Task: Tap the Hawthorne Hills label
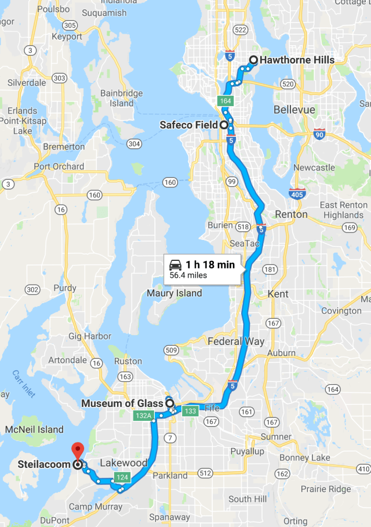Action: coord(297,60)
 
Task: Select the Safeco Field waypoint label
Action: coord(188,125)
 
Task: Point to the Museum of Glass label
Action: coord(122,404)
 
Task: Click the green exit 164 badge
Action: coord(225,101)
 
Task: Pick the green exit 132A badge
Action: coord(143,415)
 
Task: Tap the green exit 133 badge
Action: coord(189,411)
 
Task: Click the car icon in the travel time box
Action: coord(176,265)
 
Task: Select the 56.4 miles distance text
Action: coord(188,275)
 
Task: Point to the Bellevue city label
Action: coord(294,110)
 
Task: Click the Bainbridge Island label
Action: coord(122,98)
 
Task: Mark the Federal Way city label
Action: coord(236,341)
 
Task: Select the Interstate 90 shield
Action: coord(319,134)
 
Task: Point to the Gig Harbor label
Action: coord(90,336)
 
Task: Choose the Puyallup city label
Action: coord(247,451)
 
